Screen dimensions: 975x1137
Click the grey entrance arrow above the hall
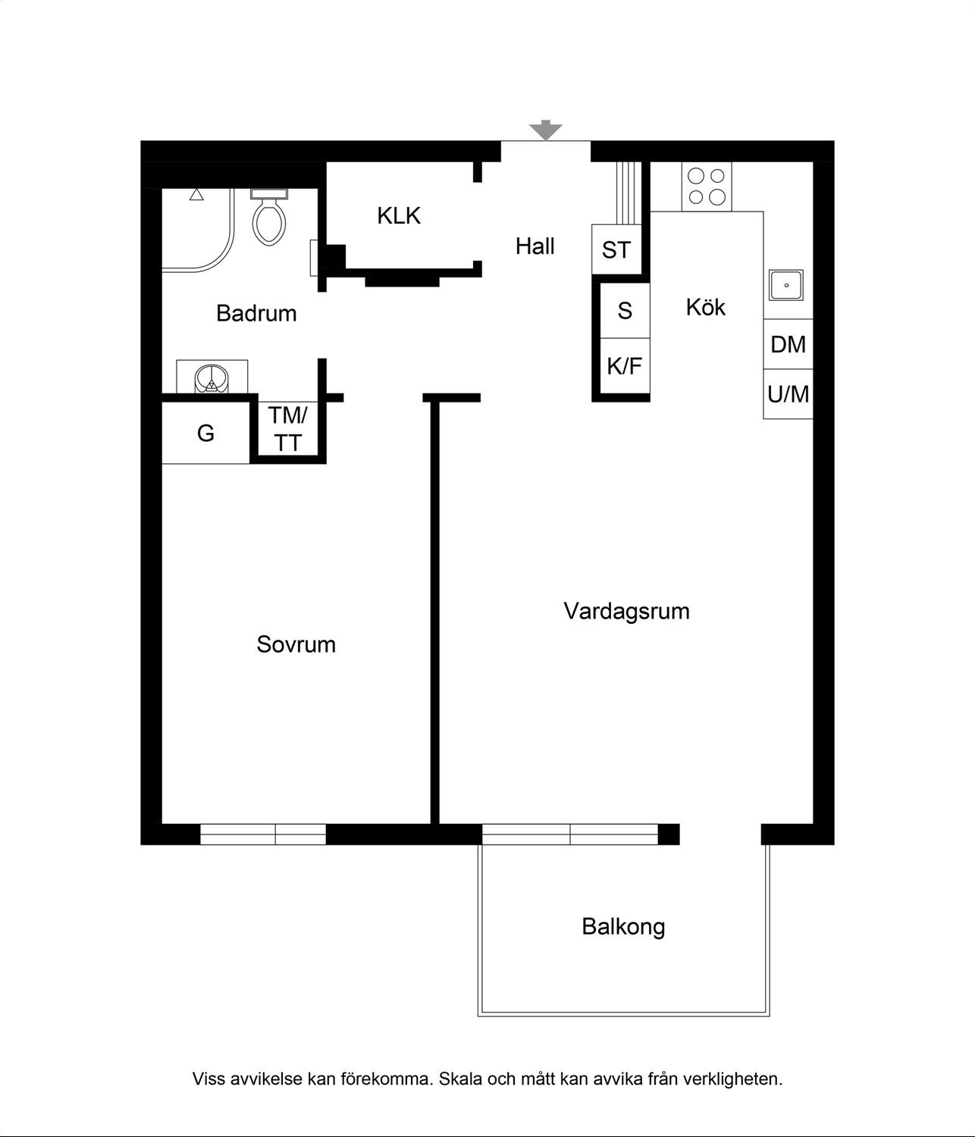coord(545,130)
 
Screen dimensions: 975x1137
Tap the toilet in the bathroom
coord(269,217)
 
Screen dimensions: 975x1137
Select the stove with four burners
coord(707,186)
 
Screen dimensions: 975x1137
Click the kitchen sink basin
coord(785,285)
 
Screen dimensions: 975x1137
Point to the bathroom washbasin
coord(212,378)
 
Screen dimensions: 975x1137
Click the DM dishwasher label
coord(788,344)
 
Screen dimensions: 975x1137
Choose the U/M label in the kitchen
coord(788,394)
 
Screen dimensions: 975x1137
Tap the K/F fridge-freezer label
coord(625,366)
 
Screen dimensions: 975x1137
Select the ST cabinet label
coord(616,250)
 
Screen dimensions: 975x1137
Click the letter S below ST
coord(625,311)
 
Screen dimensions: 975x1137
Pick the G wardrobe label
coord(205,434)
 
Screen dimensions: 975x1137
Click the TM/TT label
coord(288,429)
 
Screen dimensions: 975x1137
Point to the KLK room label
coord(399,216)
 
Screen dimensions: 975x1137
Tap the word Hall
coord(535,246)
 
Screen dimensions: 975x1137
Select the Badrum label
coord(256,313)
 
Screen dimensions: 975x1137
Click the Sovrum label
coord(296,644)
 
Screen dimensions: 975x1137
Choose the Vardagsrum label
coord(627,612)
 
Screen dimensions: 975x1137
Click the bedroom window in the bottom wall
coord(263,834)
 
